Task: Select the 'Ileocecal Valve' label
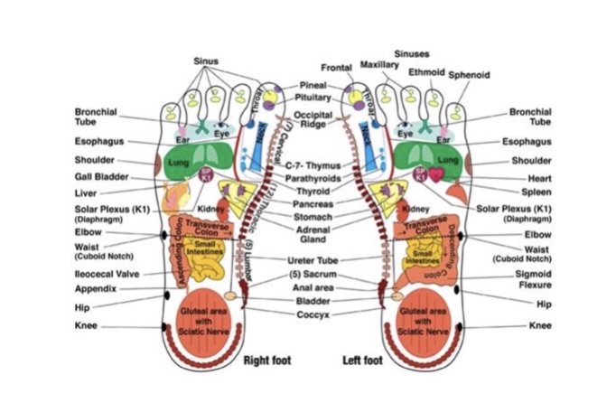pyautogui.click(x=107, y=273)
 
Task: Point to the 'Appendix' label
pyautogui.click(x=96, y=288)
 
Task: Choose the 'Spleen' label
pyautogui.click(x=536, y=192)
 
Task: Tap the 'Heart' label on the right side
pyautogui.click(x=540, y=178)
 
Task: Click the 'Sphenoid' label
pyautogui.click(x=469, y=75)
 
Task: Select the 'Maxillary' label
pyautogui.click(x=379, y=65)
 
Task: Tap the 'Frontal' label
pyautogui.click(x=337, y=68)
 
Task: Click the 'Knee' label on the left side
pyautogui.click(x=89, y=326)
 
